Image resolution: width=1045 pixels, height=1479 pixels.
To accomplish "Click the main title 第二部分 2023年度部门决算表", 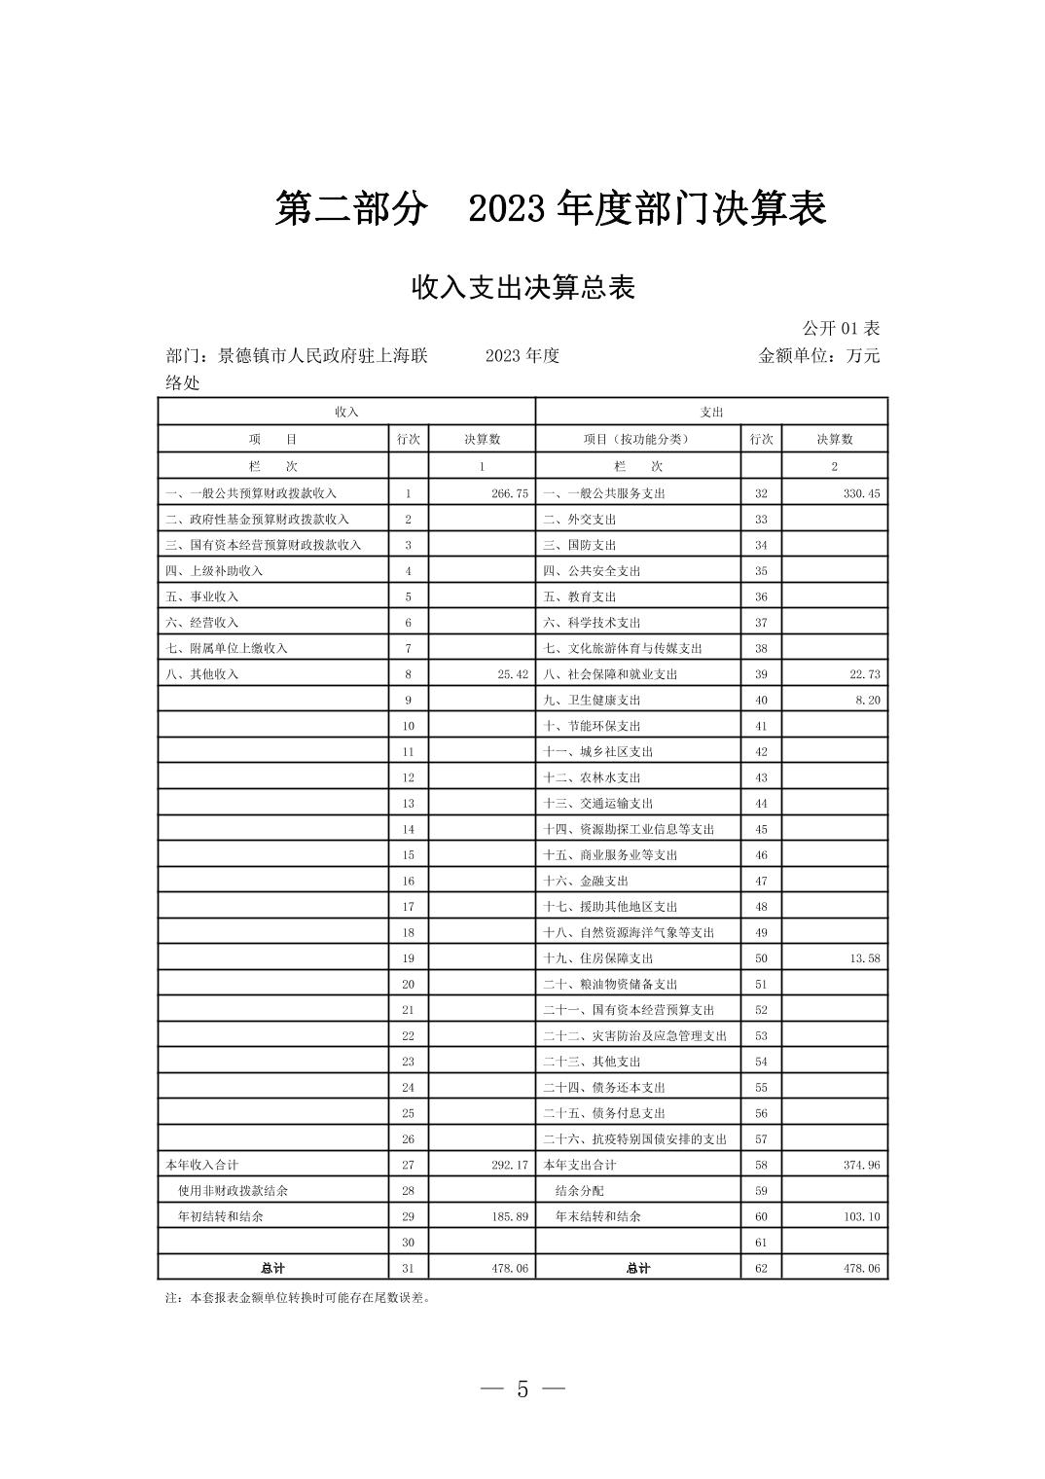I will (x=550, y=209).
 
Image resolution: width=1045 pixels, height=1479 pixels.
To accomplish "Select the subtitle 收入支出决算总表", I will (x=522, y=288).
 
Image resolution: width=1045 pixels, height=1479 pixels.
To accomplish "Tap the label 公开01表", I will (x=841, y=328).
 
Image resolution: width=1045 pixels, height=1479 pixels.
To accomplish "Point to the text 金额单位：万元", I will (x=818, y=355).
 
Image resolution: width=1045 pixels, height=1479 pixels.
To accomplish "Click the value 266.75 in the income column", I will (x=510, y=493).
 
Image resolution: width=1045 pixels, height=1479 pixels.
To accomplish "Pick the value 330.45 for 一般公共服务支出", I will (x=861, y=493).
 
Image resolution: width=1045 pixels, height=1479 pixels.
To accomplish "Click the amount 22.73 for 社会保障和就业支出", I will (x=864, y=674).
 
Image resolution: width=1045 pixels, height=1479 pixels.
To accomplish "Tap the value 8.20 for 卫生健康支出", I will (x=868, y=700).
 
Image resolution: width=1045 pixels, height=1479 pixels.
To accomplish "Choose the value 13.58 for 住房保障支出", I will (x=864, y=958).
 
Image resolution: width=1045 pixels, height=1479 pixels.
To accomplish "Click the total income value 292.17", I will (x=510, y=1165).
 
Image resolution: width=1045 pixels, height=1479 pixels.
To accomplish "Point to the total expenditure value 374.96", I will (x=861, y=1165).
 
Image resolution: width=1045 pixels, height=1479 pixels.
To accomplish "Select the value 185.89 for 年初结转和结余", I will (x=510, y=1216).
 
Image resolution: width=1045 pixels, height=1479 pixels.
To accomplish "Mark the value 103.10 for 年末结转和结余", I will (x=861, y=1216).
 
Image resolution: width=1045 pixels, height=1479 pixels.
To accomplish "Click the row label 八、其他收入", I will (x=202, y=674).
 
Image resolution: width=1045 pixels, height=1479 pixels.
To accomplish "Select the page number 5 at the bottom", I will (x=522, y=1389).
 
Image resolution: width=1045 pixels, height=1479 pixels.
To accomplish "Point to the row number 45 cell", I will (x=761, y=829).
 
